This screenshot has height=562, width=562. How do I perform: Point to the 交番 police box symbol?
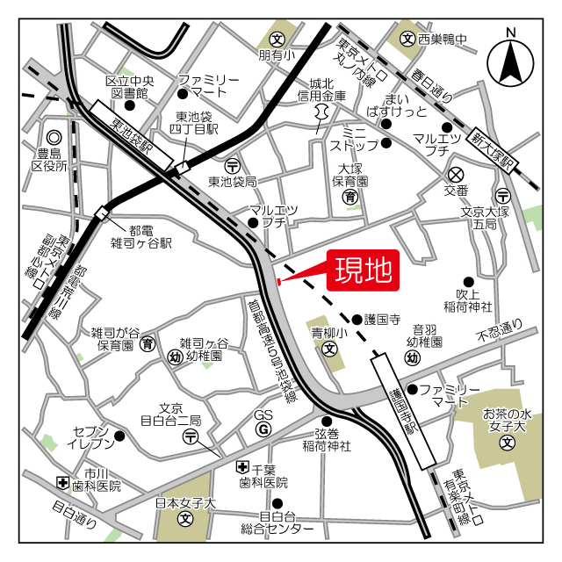tap(456, 174)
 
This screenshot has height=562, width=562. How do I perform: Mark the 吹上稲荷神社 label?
tap(474, 299)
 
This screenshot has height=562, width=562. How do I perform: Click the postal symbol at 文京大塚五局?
tap(504, 195)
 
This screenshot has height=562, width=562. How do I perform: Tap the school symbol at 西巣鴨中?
tap(407, 39)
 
